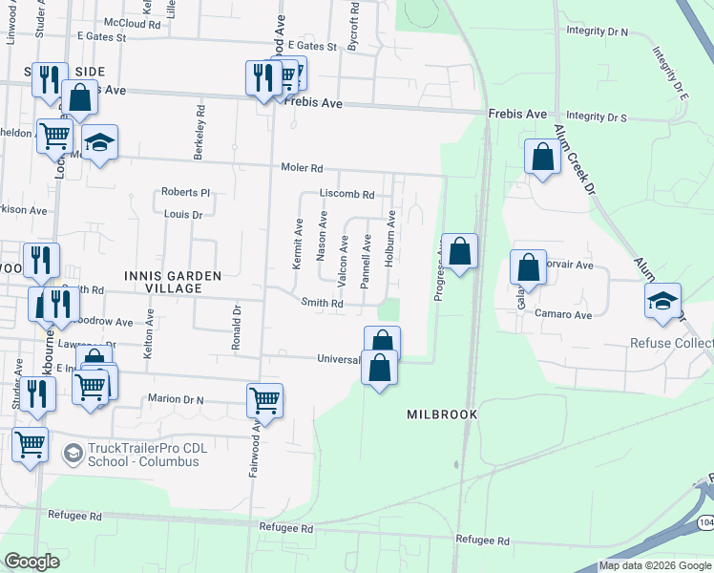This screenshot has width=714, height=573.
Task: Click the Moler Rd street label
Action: (x=302, y=167)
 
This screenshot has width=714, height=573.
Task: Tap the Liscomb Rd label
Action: (x=346, y=194)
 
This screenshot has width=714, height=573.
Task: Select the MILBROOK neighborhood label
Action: (x=441, y=415)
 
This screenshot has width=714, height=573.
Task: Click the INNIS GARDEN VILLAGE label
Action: (x=173, y=282)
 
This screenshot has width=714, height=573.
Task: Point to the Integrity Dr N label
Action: (x=597, y=32)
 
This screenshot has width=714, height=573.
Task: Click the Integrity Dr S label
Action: (x=597, y=117)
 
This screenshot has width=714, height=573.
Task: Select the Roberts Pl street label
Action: (x=184, y=192)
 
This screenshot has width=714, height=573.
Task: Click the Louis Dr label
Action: (x=183, y=216)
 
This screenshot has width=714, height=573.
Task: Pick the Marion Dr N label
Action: (x=178, y=398)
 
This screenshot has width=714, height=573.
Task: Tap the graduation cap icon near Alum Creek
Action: (x=662, y=301)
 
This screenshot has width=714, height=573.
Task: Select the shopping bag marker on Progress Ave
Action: (x=459, y=252)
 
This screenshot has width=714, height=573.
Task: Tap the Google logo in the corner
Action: (x=31, y=562)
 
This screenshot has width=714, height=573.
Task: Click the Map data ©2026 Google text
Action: (x=655, y=565)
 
